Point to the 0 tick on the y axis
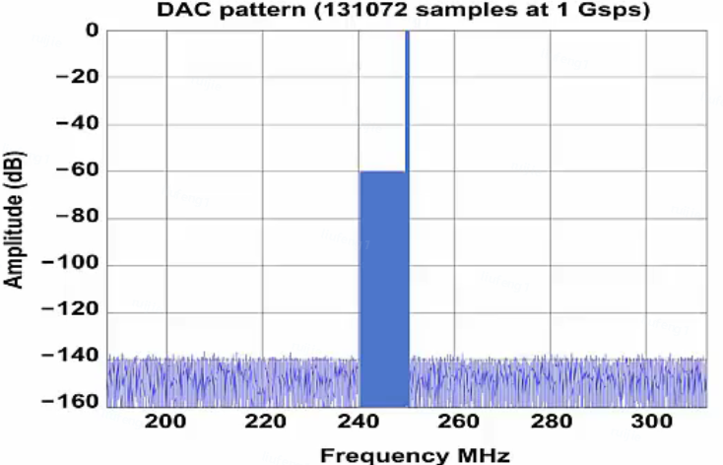coord(92,31)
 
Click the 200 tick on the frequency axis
coord(165,423)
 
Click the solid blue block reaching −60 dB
coord(383,286)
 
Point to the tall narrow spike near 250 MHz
coord(407,99)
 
